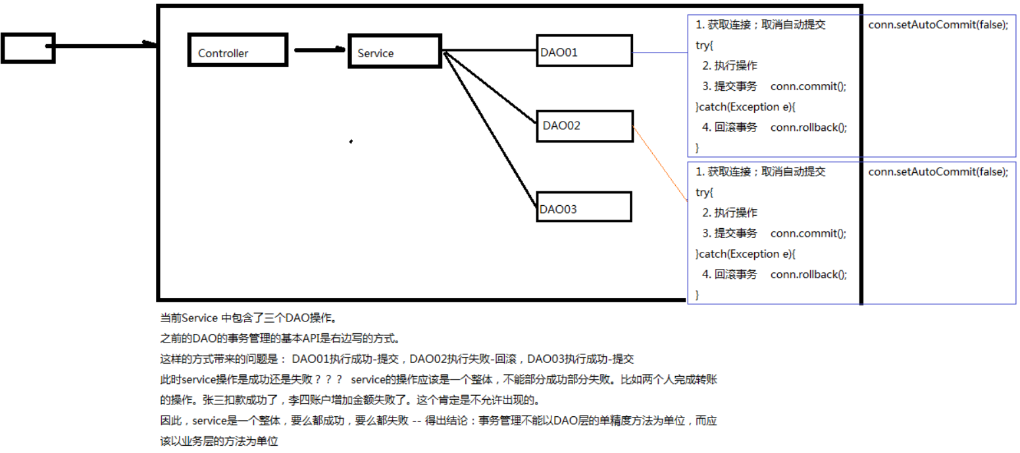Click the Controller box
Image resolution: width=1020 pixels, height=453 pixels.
[238, 51]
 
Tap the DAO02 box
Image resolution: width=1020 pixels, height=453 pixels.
[584, 125]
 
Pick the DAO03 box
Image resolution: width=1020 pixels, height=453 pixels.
[584, 207]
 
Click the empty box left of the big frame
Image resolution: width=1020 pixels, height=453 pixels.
[28, 48]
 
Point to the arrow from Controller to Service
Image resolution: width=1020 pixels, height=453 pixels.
[319, 50]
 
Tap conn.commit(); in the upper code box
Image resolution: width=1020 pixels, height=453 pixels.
[808, 86]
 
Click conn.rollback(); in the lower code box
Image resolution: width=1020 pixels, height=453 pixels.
[808, 274]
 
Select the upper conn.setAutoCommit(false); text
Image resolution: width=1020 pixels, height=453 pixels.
[938, 25]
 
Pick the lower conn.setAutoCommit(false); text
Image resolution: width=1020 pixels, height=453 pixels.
[938, 172]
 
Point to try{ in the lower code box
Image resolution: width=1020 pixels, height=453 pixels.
[704, 193]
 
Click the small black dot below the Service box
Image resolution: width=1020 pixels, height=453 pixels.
[351, 141]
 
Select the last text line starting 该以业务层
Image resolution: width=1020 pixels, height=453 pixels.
[219, 441]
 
